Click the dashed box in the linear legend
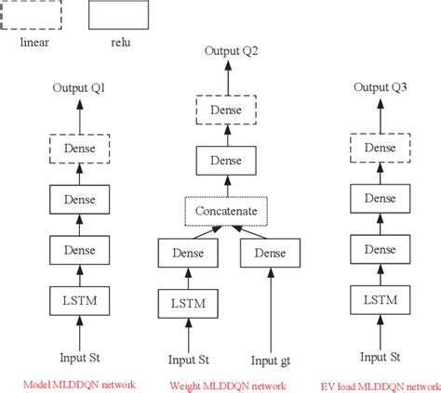point(33,16)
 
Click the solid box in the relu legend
point(118,16)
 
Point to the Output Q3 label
point(381,87)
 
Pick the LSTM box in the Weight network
point(188,303)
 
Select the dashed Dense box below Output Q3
point(381,149)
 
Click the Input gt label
point(269,360)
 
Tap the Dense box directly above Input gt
point(270,252)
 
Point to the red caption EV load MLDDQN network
point(381,383)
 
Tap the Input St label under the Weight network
point(188,360)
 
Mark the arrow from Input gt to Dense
point(270,307)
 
